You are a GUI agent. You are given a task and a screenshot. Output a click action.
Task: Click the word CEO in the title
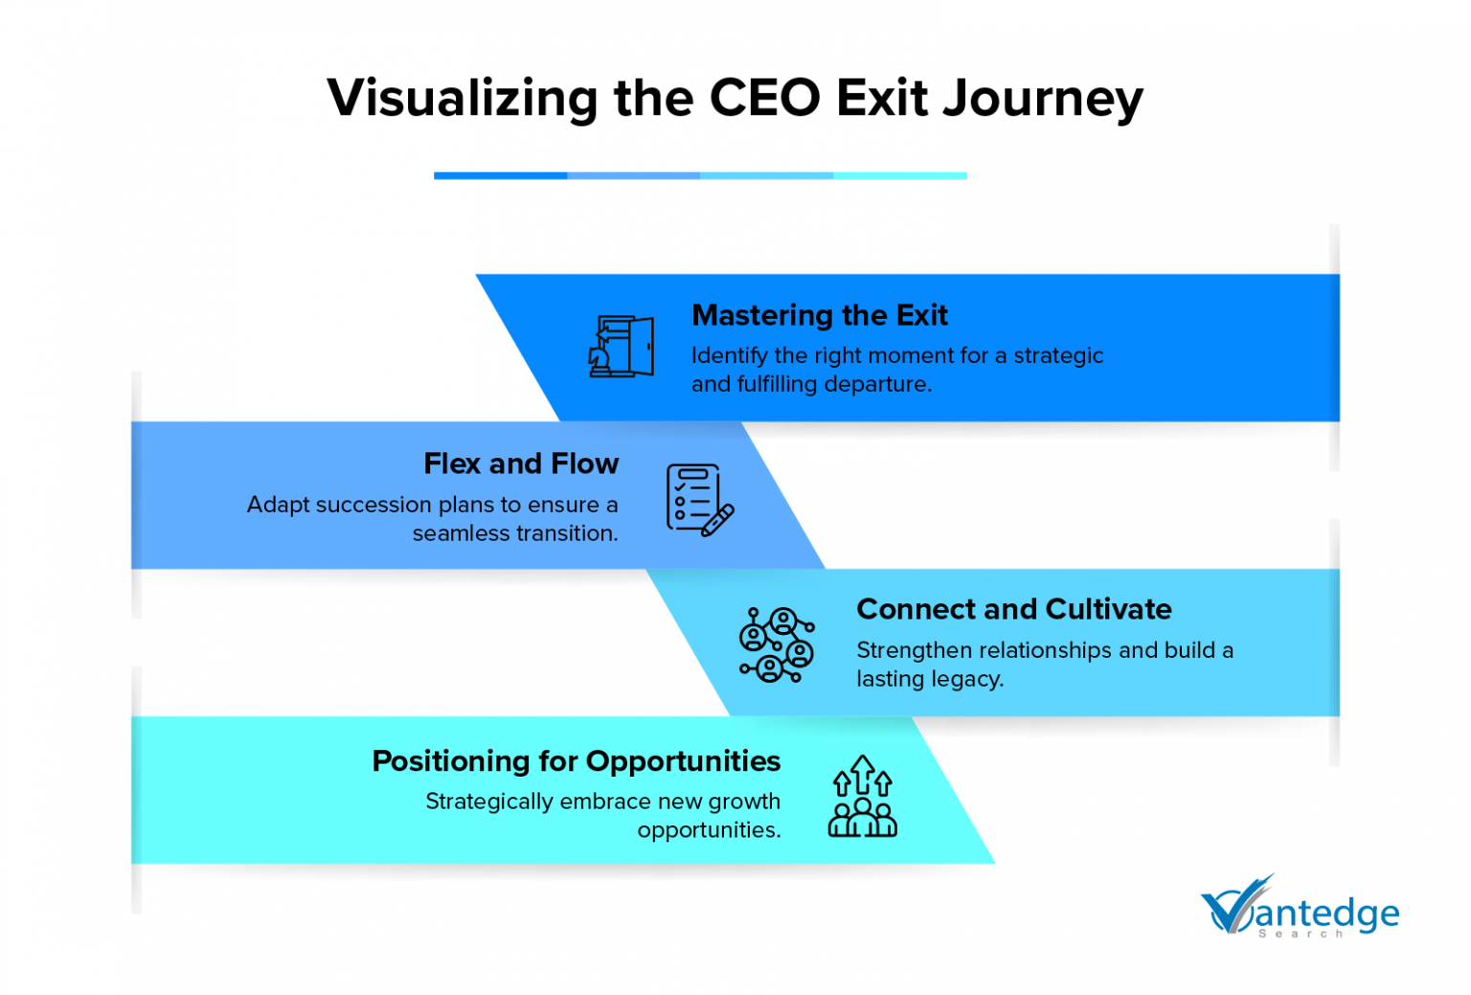tap(764, 98)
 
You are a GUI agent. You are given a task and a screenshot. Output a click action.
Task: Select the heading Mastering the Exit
tap(819, 315)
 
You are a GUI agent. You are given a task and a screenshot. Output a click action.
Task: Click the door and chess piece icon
tap(621, 346)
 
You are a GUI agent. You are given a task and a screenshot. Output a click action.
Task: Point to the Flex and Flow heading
tap(521, 464)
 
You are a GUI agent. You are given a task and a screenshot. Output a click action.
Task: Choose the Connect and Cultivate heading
tap(1013, 609)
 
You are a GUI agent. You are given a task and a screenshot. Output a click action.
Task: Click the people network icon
tap(777, 644)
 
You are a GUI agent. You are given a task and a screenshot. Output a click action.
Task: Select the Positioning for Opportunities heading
tap(576, 760)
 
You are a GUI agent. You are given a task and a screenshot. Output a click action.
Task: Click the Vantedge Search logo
tap(1299, 908)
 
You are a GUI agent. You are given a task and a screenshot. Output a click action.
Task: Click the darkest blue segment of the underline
tap(500, 175)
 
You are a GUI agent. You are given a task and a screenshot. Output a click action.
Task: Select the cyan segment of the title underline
tap(900, 175)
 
